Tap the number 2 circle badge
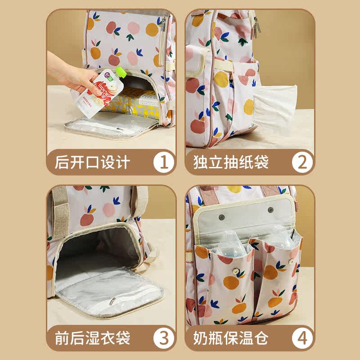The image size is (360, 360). tap(302, 162)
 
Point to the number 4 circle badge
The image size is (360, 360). tap(302, 337)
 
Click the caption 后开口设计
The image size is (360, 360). tap(93, 162)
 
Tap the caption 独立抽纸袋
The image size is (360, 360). tap(231, 162)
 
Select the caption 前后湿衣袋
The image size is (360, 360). tap(93, 337)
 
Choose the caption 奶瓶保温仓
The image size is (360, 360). tap(231, 337)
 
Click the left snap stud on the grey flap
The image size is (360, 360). tap(222, 217)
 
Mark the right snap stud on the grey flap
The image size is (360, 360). tap(271, 210)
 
